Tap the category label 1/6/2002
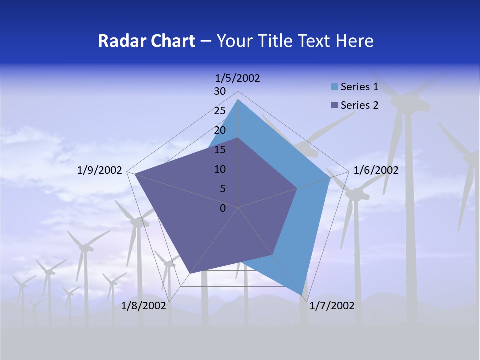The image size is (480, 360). pyautogui.click(x=376, y=170)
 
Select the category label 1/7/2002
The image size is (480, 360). pyautogui.click(x=332, y=306)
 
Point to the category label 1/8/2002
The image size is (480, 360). pyautogui.click(x=144, y=306)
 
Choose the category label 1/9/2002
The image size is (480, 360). pyautogui.click(x=100, y=170)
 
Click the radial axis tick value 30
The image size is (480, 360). pyautogui.click(x=220, y=91)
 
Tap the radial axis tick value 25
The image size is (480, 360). pyautogui.click(x=220, y=111)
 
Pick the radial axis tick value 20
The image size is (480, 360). pyautogui.click(x=220, y=130)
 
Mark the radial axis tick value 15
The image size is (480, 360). pyautogui.click(x=220, y=150)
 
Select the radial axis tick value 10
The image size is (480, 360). pyautogui.click(x=220, y=169)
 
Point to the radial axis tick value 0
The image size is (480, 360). pyautogui.click(x=223, y=208)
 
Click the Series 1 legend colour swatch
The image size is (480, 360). pyautogui.click(x=334, y=87)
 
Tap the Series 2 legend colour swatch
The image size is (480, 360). pyautogui.click(x=334, y=105)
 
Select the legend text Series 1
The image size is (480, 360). pyautogui.click(x=359, y=87)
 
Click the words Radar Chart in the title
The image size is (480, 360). pyautogui.click(x=146, y=41)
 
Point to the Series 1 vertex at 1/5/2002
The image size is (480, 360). pyautogui.click(x=238, y=100)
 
